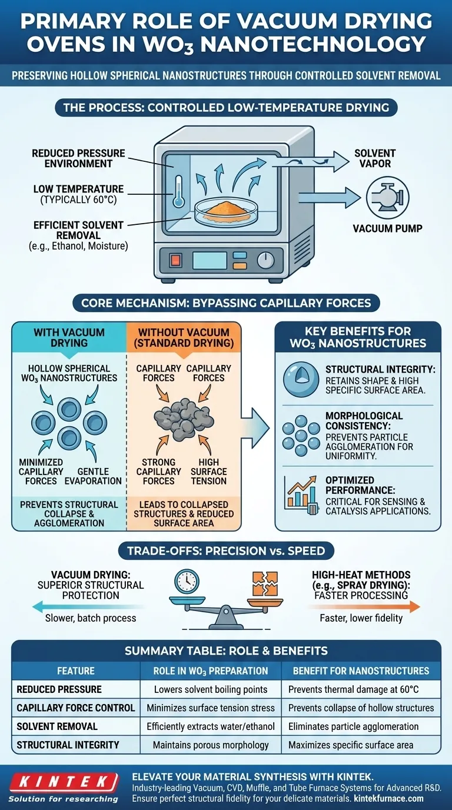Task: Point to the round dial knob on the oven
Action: point(266,260)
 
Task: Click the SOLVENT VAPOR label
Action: point(375,158)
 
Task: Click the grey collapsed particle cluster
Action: point(181,417)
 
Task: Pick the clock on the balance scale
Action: point(187,580)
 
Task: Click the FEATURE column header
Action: point(75,670)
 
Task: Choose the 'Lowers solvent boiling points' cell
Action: point(211,689)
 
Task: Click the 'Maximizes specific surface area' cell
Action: point(351,745)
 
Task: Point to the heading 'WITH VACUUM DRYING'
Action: point(69,338)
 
